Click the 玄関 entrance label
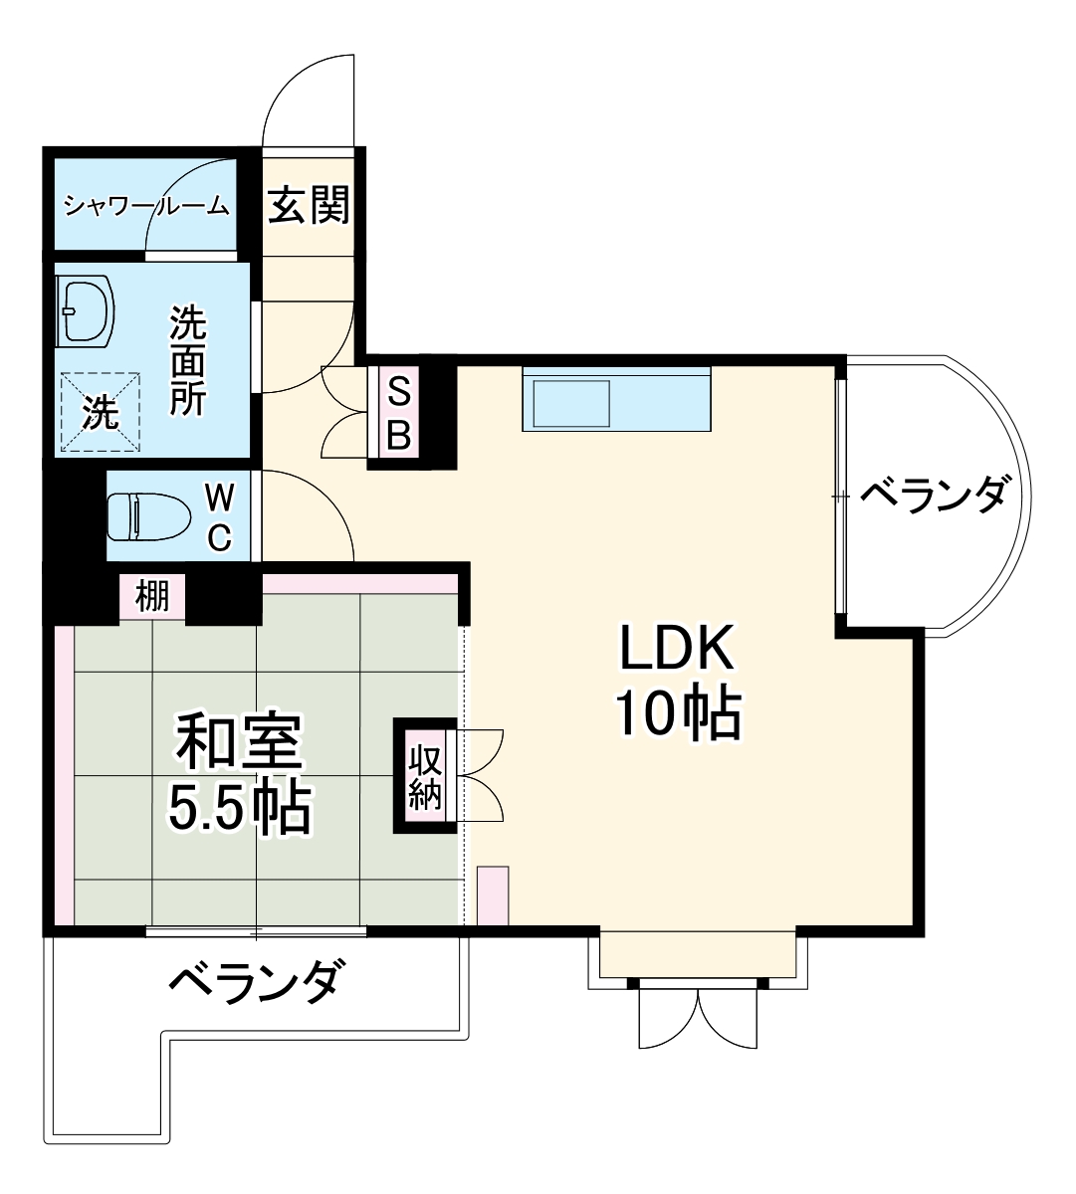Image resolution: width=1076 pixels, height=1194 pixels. click(309, 206)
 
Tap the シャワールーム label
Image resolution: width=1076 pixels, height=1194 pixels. click(147, 207)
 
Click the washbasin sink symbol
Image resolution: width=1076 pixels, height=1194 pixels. click(85, 311)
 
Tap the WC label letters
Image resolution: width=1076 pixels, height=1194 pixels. click(220, 517)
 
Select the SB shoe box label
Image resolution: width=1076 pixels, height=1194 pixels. click(397, 414)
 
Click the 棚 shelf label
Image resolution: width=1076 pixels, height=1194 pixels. click(152, 597)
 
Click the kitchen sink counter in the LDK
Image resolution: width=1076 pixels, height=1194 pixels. click(616, 399)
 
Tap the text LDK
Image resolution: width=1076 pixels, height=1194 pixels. click(677, 649)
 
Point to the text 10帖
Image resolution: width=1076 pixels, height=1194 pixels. click(677, 712)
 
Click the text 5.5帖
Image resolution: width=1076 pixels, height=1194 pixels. click(239, 808)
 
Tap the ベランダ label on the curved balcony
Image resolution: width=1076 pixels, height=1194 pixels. click(933, 494)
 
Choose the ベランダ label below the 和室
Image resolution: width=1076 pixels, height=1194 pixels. click(257, 982)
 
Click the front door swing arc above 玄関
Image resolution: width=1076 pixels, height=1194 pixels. click(309, 99)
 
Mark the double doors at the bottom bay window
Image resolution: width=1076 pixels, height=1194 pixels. click(698, 1017)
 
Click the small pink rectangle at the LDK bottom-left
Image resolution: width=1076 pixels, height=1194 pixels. click(493, 895)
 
